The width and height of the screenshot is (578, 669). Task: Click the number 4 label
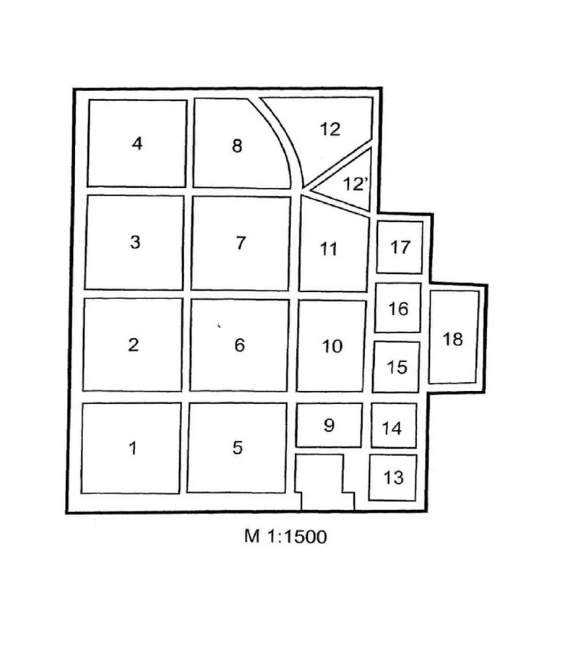pyautogui.click(x=137, y=143)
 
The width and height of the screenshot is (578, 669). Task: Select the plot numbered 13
pyautogui.click(x=393, y=478)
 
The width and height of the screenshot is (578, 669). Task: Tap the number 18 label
pyautogui.click(x=452, y=339)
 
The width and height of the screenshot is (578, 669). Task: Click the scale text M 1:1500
pyautogui.click(x=285, y=536)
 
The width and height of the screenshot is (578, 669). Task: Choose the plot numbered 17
pyautogui.click(x=400, y=247)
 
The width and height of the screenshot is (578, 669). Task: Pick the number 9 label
pyautogui.click(x=329, y=426)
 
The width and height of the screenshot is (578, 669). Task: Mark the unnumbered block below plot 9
pyautogui.click(x=324, y=481)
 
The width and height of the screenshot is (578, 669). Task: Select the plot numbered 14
pyautogui.click(x=394, y=426)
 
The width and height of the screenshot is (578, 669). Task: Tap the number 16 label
pyautogui.click(x=398, y=308)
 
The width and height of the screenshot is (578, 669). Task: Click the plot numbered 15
pyautogui.click(x=396, y=367)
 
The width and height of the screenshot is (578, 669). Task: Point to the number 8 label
pyautogui.click(x=237, y=146)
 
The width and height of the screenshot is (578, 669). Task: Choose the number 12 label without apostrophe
pyautogui.click(x=329, y=129)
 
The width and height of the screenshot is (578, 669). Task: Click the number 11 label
pyautogui.click(x=329, y=249)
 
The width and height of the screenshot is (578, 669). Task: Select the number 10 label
pyautogui.click(x=332, y=346)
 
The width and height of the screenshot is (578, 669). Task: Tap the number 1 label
pyautogui.click(x=133, y=448)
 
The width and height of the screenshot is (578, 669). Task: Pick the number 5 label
pyautogui.click(x=238, y=447)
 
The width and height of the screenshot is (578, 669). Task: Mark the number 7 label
pyautogui.click(x=241, y=243)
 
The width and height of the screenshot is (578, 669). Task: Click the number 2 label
pyautogui.click(x=134, y=345)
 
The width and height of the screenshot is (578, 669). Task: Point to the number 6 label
pyautogui.click(x=239, y=345)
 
